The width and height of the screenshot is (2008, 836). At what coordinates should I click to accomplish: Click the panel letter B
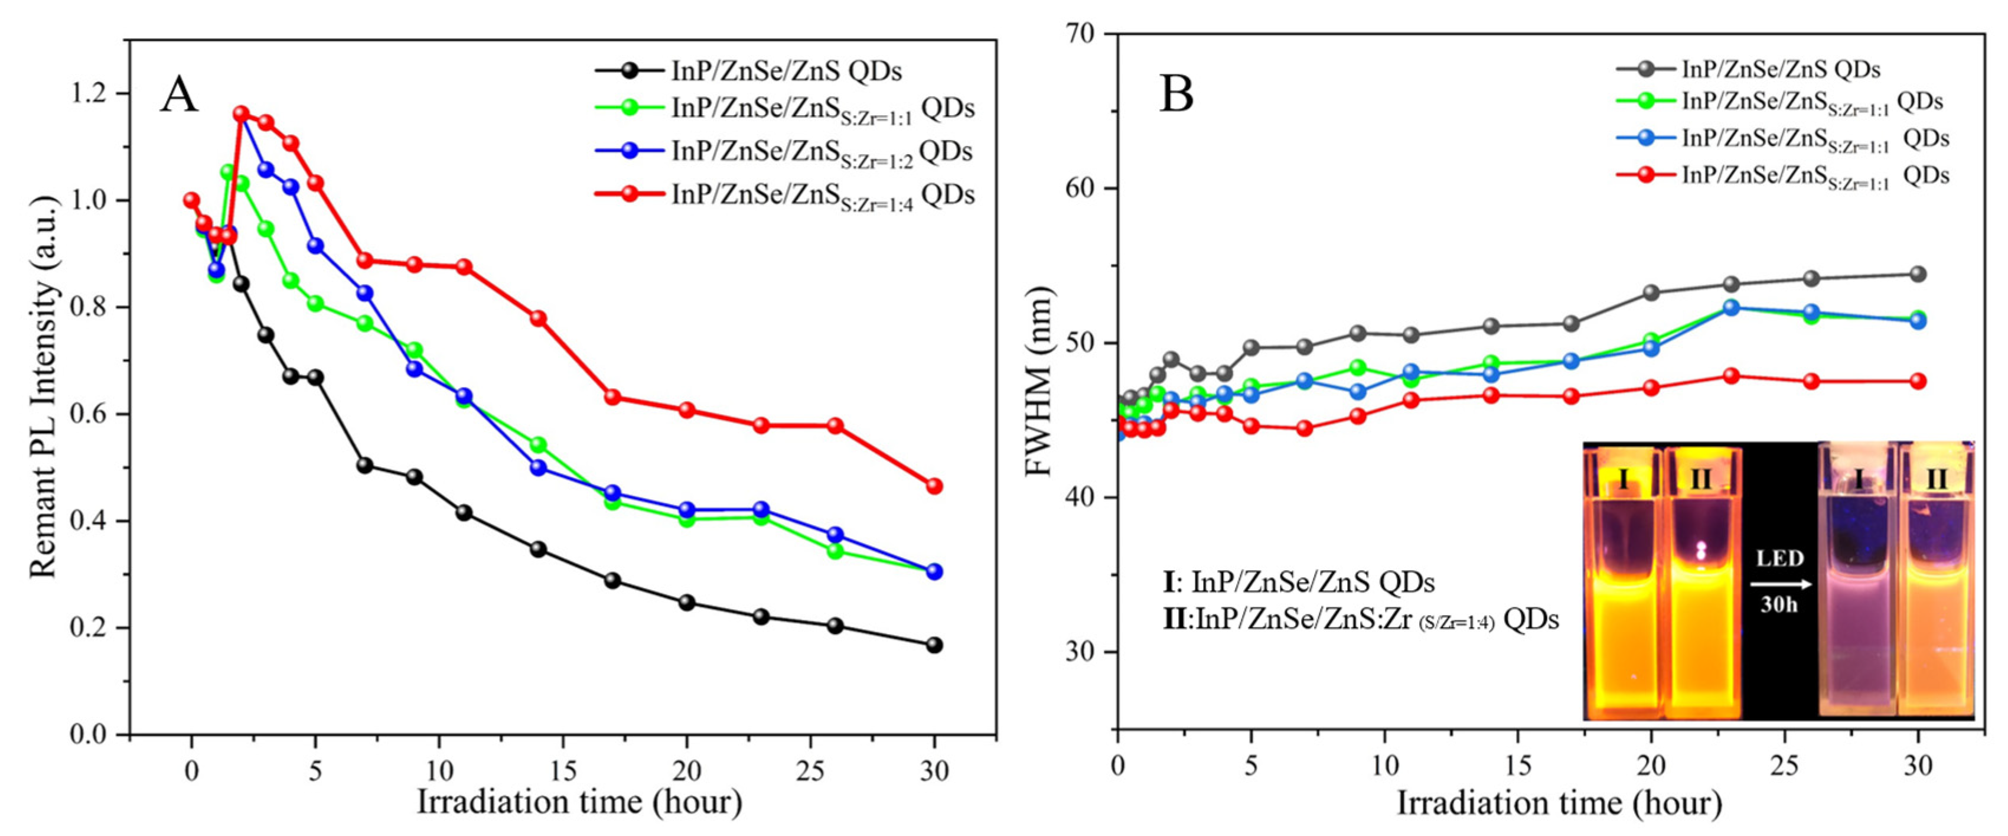pos(1176,95)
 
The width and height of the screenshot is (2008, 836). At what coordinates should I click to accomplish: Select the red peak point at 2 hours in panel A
pos(241,115)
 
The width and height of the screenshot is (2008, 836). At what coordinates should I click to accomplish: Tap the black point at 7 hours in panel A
pos(365,465)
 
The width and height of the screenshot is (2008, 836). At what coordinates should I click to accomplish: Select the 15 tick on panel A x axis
pos(563,770)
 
